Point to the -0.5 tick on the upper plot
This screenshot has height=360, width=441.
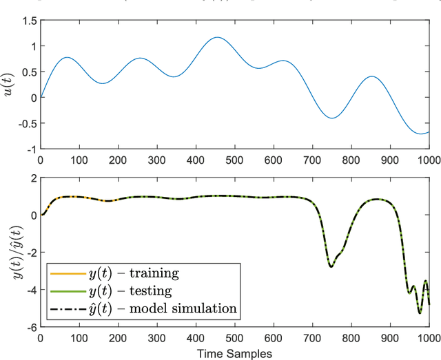(24, 123)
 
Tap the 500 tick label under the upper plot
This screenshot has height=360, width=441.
(235, 160)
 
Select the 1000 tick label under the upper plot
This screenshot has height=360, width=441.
(428, 160)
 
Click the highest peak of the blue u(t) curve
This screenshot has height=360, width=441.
(218, 37)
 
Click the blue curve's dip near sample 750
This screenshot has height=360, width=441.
(333, 118)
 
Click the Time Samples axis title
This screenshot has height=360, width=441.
(235, 352)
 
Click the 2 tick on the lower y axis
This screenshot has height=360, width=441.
(32, 178)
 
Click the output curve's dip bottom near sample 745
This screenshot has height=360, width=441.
(331, 266)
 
